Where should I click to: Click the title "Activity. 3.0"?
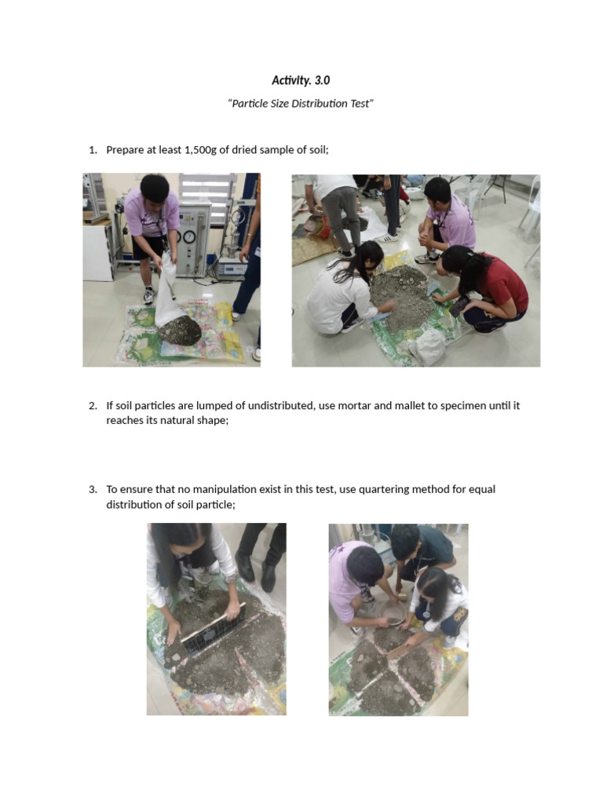tap(295, 80)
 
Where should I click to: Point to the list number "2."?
tap(93, 406)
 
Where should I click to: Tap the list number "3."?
tap(93, 489)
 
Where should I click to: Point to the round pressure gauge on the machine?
tap(188, 236)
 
